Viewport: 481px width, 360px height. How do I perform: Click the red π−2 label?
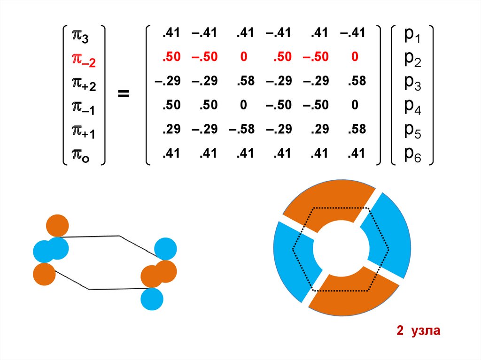tap(83, 59)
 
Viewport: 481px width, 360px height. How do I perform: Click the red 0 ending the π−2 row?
tap(355, 57)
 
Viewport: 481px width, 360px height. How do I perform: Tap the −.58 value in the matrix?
tap(242, 129)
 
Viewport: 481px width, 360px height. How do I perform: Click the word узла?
tap(425, 331)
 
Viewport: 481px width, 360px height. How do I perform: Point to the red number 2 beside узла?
tap(400, 331)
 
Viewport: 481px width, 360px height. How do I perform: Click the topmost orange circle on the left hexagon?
tap(57, 226)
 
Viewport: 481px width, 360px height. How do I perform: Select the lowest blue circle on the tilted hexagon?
tap(152, 299)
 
